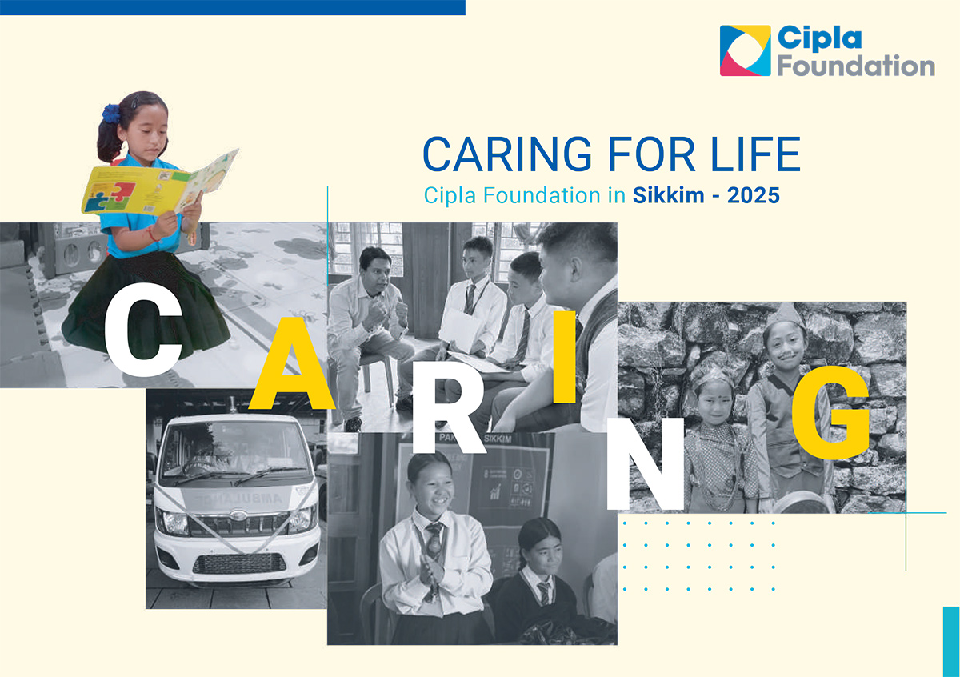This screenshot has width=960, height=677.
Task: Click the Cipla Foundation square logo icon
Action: click(x=746, y=50)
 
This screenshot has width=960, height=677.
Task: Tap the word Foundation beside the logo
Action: click(x=856, y=66)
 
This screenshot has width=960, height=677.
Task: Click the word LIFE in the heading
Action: click(x=755, y=154)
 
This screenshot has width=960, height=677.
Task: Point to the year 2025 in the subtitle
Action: click(x=754, y=195)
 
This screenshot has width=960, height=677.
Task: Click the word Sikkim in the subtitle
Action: click(x=669, y=195)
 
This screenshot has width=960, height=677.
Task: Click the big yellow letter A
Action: click(x=292, y=363)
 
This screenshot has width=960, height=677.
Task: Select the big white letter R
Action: click(x=449, y=407)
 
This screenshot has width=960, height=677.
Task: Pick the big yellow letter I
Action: click(x=564, y=357)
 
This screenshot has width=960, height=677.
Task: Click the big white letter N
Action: click(x=646, y=464)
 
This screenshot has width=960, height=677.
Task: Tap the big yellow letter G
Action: click(x=830, y=412)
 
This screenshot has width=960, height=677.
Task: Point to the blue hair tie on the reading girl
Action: click(x=110, y=113)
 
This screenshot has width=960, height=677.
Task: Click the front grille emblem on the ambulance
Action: click(x=238, y=514)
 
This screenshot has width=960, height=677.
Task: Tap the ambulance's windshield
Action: click(x=235, y=451)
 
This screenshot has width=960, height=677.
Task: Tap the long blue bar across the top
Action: click(x=233, y=8)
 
